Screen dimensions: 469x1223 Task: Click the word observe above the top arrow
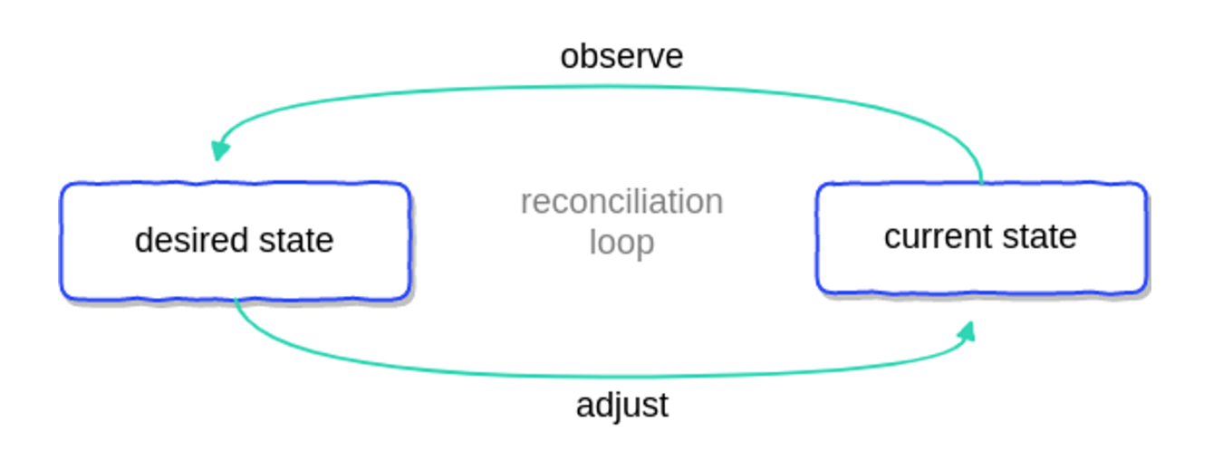(621, 56)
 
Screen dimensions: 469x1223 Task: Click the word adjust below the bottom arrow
(621, 405)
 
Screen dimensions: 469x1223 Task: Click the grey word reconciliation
(621, 201)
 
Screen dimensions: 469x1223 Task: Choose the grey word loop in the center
(621, 243)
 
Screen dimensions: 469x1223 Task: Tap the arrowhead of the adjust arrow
(968, 330)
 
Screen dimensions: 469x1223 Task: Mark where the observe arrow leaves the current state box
(982, 183)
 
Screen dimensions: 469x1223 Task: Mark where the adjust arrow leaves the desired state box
(236, 300)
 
